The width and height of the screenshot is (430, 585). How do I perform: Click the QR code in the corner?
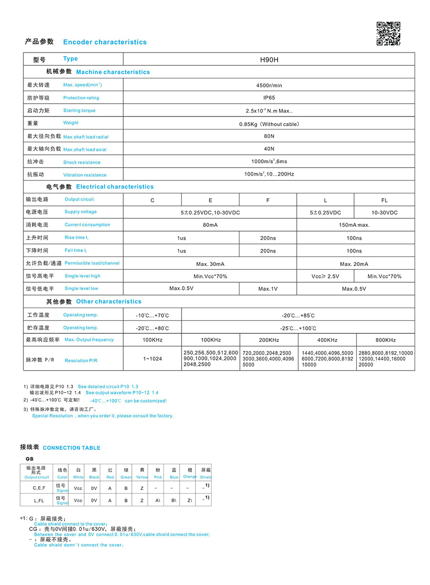click(388, 33)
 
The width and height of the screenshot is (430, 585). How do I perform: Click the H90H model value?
click(269, 60)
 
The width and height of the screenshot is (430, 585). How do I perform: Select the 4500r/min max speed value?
click(269, 85)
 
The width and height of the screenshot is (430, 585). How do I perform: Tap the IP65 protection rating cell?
click(269, 98)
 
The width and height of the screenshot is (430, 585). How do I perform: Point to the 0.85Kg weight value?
click(269, 124)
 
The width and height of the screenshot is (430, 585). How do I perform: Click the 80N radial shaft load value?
click(269, 136)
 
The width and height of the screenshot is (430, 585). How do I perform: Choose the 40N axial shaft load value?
click(269, 149)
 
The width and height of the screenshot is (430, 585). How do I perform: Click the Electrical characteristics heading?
click(115, 187)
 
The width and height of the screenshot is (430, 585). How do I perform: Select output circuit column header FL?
click(384, 200)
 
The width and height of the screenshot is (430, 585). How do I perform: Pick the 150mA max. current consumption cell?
click(354, 225)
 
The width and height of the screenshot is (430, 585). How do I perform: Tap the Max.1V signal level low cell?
click(268, 289)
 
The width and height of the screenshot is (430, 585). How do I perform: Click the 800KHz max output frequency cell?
click(385, 340)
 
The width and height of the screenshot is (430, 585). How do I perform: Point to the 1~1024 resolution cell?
click(152, 359)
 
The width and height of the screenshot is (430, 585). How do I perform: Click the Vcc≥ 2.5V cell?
click(325, 277)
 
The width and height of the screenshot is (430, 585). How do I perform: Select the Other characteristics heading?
click(108, 301)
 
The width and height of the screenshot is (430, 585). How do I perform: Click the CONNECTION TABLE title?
click(71, 448)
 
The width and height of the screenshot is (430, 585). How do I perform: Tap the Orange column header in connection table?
click(190, 473)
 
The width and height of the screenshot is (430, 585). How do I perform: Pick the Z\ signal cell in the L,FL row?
click(190, 500)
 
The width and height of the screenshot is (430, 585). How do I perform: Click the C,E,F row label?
click(39, 488)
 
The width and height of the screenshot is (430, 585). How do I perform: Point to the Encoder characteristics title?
click(105, 42)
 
